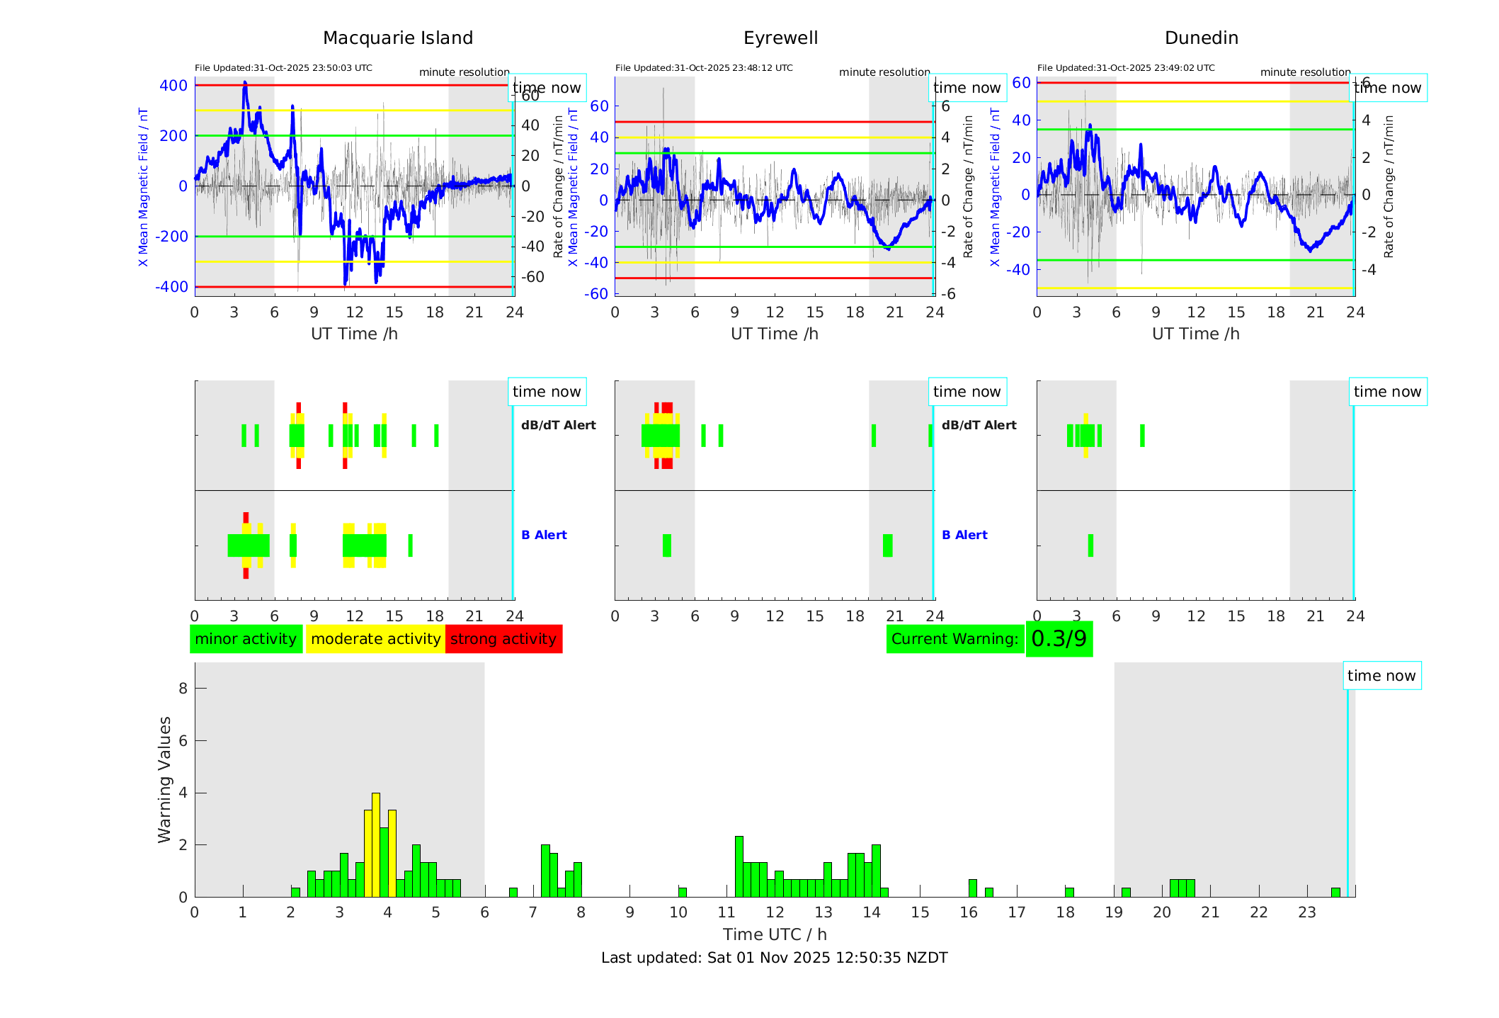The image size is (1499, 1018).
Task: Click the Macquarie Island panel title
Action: tap(398, 38)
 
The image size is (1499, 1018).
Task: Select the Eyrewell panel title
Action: tap(780, 38)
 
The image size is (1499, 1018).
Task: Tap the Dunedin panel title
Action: tap(1201, 38)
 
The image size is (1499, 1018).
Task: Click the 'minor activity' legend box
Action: tap(246, 639)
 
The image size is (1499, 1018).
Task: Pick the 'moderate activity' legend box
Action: tap(375, 639)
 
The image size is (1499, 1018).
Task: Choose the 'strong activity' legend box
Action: tap(503, 639)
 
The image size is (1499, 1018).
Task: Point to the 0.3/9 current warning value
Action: tap(1059, 639)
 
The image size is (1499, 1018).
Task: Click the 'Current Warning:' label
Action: tap(954, 639)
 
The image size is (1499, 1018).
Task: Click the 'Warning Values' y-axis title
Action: tap(165, 779)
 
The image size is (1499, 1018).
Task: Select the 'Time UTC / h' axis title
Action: tap(775, 934)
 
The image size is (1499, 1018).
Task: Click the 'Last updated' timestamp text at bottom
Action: tap(774, 958)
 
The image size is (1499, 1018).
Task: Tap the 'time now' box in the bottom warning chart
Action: tap(1381, 676)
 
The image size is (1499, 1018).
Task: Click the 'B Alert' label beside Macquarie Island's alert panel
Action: tap(544, 535)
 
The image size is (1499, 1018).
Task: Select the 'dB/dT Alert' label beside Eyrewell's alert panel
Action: tap(979, 425)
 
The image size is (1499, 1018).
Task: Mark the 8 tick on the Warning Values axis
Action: tap(183, 688)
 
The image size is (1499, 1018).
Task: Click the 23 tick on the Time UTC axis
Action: tap(1306, 912)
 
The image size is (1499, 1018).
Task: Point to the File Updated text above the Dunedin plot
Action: tap(1126, 68)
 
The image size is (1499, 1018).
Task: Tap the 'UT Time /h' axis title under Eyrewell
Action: tap(775, 334)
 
